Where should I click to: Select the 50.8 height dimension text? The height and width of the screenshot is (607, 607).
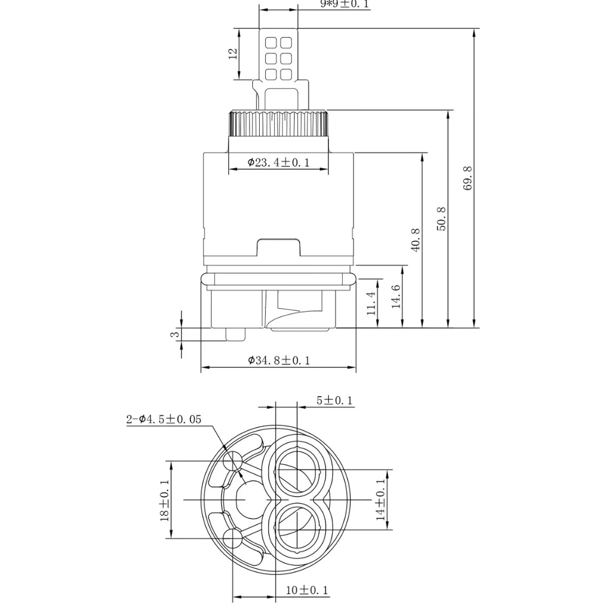tap(442, 219)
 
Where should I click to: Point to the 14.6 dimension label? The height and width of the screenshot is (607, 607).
tap(396, 296)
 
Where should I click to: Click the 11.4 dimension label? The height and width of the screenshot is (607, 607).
tap(371, 303)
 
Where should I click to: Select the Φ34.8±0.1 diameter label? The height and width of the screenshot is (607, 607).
tap(279, 360)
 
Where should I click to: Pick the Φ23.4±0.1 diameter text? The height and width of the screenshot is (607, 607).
tap(279, 162)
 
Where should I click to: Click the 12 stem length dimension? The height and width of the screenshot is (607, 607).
tap(233, 54)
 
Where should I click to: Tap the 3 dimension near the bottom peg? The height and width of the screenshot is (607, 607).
tap(175, 334)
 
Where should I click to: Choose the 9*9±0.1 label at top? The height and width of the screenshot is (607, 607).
tap(345, 4)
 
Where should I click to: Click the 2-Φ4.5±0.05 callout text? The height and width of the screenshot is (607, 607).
tap(163, 419)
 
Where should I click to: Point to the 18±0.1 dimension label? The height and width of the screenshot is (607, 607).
tap(164, 500)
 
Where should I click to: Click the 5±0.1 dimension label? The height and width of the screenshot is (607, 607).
tap(334, 400)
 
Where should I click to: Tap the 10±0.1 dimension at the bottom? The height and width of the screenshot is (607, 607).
tap(307, 590)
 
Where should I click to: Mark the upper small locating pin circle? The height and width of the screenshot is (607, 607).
tap(232, 462)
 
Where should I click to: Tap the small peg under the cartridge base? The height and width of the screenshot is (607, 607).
tap(235, 334)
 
